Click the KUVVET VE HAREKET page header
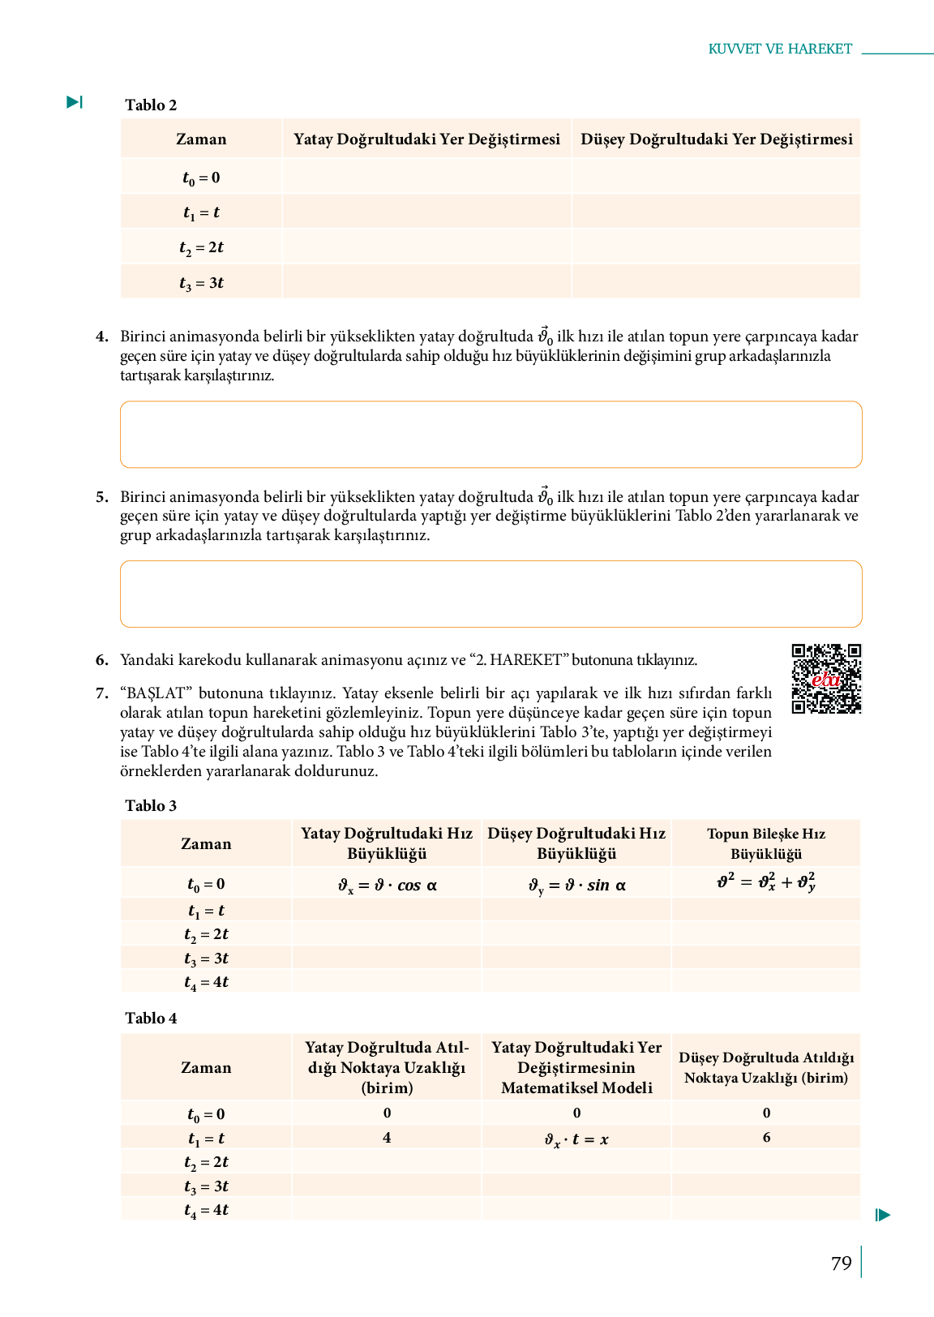click(780, 49)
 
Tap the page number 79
click(842, 1263)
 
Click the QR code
click(826, 679)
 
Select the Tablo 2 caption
click(151, 105)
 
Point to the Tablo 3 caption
click(151, 805)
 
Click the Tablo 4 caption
click(151, 1018)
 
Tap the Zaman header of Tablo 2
click(201, 139)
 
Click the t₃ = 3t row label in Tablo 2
click(201, 283)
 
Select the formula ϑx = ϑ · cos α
click(388, 885)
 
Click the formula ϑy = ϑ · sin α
click(576, 885)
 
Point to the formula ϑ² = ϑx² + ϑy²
click(766, 882)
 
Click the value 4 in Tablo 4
click(387, 1138)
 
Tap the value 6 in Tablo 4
click(766, 1137)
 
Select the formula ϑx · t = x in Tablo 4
click(576, 1139)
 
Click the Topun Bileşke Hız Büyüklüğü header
click(766, 843)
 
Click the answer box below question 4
click(491, 434)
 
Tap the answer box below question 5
click(491, 594)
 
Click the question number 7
click(102, 693)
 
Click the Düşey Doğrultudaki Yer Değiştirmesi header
click(717, 139)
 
